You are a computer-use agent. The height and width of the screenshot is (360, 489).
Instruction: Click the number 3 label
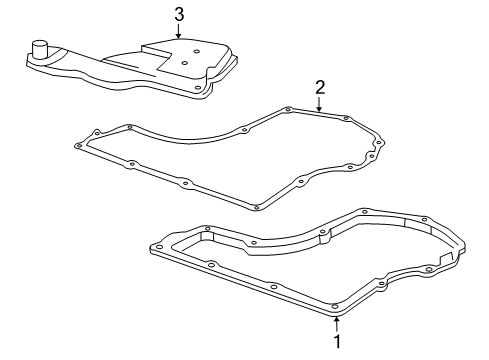(x=179, y=15)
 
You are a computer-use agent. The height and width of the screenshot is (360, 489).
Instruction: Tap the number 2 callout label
(x=320, y=87)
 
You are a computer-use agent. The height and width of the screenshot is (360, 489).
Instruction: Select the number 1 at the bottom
(x=337, y=341)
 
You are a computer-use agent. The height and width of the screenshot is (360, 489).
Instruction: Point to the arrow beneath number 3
(x=179, y=31)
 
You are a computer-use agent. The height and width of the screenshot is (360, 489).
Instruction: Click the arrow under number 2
(x=319, y=104)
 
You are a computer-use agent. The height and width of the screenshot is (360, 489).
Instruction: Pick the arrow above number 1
(x=337, y=324)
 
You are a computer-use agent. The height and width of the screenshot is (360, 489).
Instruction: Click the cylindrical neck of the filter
(x=40, y=50)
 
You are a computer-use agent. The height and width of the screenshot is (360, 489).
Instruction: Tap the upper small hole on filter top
(x=196, y=52)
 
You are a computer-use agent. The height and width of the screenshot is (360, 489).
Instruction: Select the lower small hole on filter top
(x=184, y=63)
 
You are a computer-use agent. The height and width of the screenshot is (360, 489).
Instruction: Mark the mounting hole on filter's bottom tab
(x=198, y=88)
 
